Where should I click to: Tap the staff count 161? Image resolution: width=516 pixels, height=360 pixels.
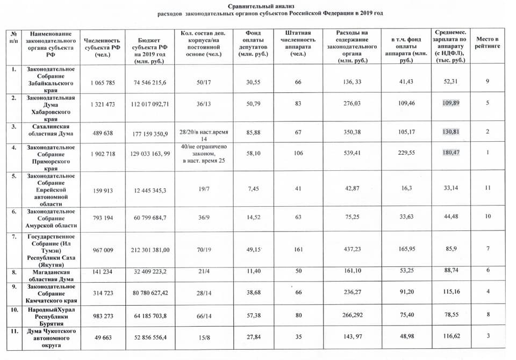(x=298, y=249)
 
